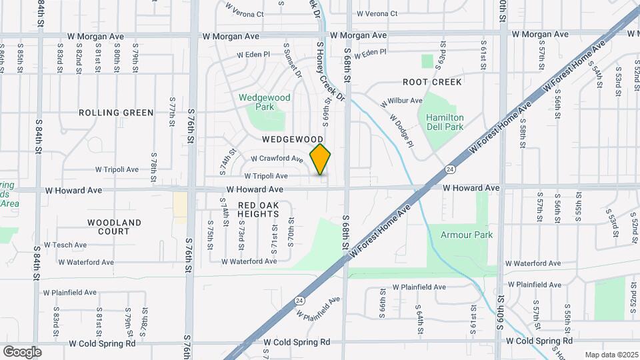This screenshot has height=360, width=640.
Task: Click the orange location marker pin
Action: pyautogui.click(x=321, y=159)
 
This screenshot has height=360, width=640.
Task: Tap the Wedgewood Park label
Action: pyautogui.click(x=265, y=102)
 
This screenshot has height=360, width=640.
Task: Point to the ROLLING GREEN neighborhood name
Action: pyautogui.click(x=116, y=113)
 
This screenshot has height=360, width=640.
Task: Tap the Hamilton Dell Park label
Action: pyautogui.click(x=445, y=122)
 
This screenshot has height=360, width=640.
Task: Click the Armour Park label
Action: pyautogui.click(x=467, y=235)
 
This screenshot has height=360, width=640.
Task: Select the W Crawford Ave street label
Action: pyautogui.click(x=277, y=159)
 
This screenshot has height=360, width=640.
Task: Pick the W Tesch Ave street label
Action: pyautogui.click(x=65, y=245)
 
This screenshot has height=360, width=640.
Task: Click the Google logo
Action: pyautogui.click(x=22, y=352)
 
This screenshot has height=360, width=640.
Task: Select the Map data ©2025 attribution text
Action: pyautogui.click(x=611, y=355)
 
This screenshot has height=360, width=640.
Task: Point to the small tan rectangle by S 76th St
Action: pyautogui.click(x=180, y=204)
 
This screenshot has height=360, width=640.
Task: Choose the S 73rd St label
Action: pyautogui.click(x=241, y=231)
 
